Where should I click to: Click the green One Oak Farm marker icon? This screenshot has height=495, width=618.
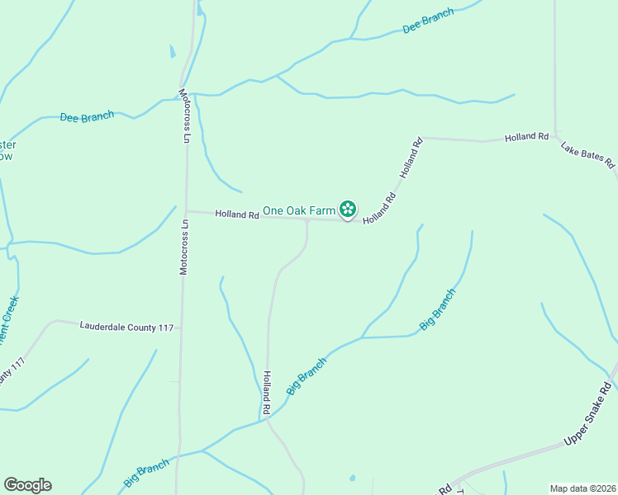349,210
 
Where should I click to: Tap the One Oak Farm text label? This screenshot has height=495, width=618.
299,211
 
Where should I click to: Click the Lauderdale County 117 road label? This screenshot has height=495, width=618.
126,327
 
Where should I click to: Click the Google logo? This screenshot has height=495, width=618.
27,485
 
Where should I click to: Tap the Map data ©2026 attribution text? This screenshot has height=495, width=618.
582,488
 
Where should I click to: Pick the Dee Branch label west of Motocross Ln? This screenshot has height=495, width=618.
87,117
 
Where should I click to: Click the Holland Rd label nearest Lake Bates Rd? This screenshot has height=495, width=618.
527,137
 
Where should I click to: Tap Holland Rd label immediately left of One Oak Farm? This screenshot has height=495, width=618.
237,214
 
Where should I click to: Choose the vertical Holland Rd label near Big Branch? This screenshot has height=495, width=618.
267,392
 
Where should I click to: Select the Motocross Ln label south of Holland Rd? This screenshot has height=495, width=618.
184,246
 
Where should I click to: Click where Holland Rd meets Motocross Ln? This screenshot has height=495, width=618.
186,211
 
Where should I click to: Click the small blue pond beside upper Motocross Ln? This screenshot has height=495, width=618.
173,51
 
